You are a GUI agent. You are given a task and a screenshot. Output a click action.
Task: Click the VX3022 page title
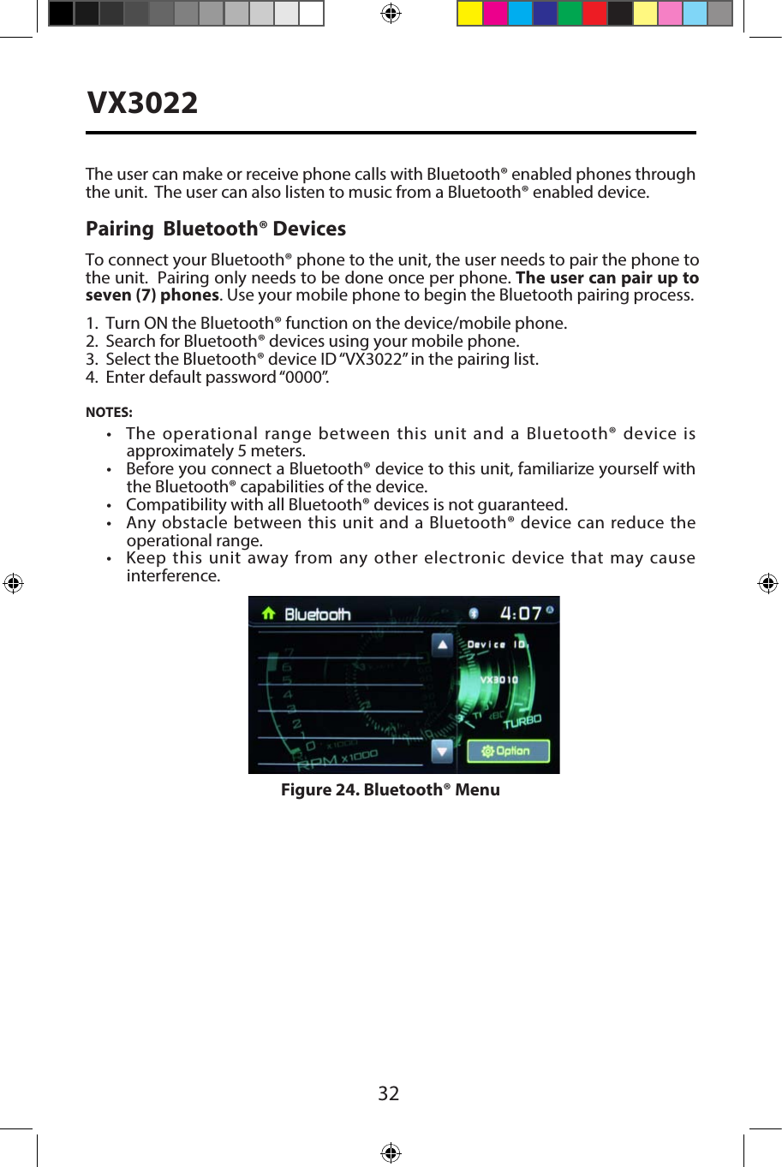coord(143,103)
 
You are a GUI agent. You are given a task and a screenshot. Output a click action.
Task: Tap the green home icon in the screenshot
coord(268,613)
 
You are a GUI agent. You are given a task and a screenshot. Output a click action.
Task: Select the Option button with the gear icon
coord(507,751)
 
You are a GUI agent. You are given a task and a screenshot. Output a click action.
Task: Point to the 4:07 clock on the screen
coord(521,613)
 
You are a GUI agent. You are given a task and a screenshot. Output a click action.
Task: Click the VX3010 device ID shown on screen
coord(498,680)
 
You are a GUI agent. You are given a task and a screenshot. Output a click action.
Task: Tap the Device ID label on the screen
coord(497,644)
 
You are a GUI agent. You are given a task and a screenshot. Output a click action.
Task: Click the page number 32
coord(389,1093)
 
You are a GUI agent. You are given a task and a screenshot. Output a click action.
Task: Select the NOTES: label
coord(109,412)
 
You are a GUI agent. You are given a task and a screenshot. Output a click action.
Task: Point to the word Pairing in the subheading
coord(119,229)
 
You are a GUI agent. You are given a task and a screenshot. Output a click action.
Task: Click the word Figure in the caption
coord(306,789)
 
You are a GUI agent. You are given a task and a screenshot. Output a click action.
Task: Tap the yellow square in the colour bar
coord(470,14)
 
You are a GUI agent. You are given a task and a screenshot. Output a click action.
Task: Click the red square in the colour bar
coord(594,14)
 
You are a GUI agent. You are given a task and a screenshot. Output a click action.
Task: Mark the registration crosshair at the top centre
coord(391,14)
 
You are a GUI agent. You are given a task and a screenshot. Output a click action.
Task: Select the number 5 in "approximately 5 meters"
coord(242,451)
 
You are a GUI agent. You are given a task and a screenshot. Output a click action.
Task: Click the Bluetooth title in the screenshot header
coord(318,614)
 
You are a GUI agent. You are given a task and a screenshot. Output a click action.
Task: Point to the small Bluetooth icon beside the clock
coord(473,613)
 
